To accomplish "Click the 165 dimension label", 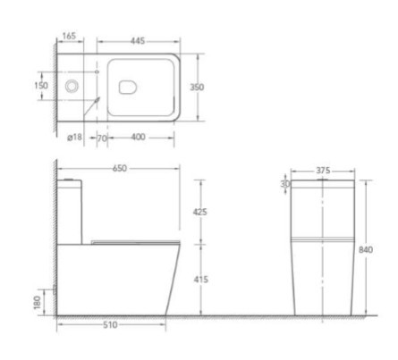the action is click(x=70, y=36).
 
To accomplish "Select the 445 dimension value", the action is click(x=138, y=40).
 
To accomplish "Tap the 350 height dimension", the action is click(x=197, y=87).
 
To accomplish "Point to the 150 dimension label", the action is click(x=41, y=86).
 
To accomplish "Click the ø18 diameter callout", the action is click(x=74, y=137).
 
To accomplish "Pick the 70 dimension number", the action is click(x=102, y=138).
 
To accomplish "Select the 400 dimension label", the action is click(x=138, y=137).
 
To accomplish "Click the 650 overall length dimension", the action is click(x=120, y=168).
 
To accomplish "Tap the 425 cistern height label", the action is click(x=200, y=212).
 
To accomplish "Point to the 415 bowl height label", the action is click(x=200, y=280).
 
